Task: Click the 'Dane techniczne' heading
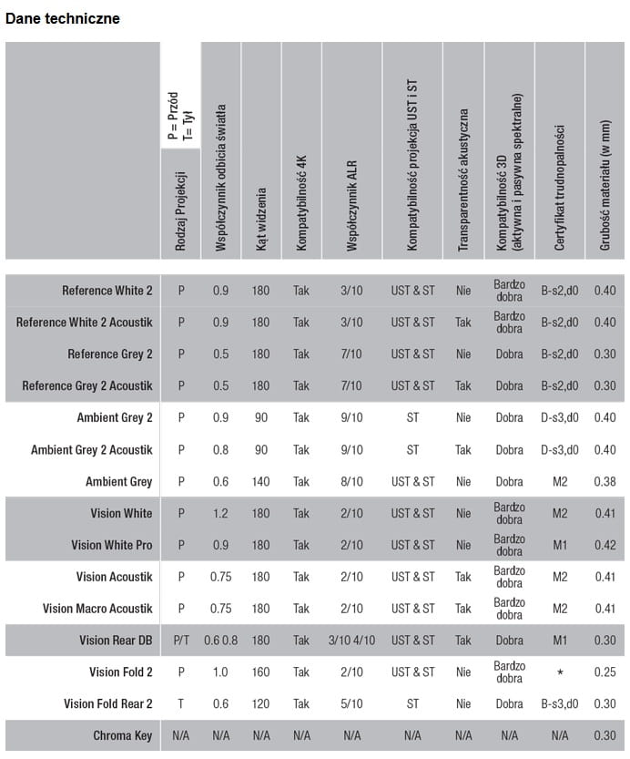(x=63, y=18)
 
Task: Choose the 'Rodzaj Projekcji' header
(x=181, y=208)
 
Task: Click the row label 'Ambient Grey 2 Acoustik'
(x=92, y=450)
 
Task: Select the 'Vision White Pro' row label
(x=112, y=545)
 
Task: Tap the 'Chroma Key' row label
(x=122, y=735)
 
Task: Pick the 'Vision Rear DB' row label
(x=116, y=641)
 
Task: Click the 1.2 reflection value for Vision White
(x=220, y=514)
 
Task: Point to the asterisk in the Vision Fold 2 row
(x=560, y=672)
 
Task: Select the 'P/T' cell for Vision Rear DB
(x=181, y=641)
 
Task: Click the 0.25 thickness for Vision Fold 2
(x=605, y=672)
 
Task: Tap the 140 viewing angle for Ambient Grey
(x=261, y=482)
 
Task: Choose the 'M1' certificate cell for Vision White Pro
(x=560, y=545)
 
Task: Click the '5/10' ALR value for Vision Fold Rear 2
(x=351, y=704)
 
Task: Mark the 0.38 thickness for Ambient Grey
(x=605, y=482)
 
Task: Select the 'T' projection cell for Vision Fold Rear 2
(x=181, y=704)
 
